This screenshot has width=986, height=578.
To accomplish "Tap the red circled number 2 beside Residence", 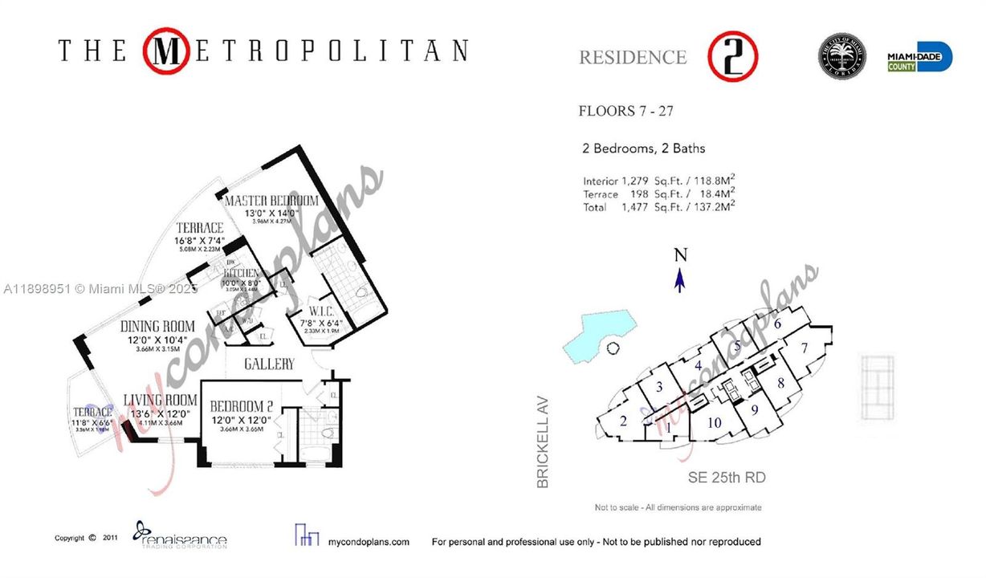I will [732, 56].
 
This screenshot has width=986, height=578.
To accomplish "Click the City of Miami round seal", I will [841, 57].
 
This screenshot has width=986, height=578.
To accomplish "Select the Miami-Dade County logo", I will [919, 58].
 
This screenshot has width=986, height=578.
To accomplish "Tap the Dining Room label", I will [157, 327].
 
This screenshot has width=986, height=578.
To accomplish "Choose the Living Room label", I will [160, 400].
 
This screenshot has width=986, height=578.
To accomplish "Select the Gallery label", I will [269, 364].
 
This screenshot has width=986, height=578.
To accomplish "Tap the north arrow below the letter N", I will [680, 280].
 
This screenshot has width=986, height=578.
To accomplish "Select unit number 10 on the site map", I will [715, 423].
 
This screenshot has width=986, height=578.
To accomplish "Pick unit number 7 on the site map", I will [803, 349].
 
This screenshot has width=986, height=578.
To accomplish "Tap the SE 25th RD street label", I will [726, 478].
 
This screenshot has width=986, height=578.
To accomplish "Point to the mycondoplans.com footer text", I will [370, 542].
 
